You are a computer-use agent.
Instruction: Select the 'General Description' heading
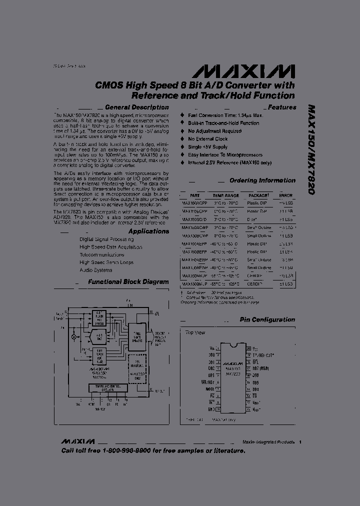[x=137, y=107]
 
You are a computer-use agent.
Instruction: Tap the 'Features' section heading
[x=282, y=107]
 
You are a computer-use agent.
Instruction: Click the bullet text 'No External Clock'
[x=207, y=139]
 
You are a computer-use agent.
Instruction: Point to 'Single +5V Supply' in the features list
[x=207, y=147]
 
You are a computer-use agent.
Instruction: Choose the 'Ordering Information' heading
[x=262, y=180]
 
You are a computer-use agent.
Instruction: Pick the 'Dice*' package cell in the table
[x=252, y=219]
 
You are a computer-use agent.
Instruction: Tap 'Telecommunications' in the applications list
[x=102, y=254]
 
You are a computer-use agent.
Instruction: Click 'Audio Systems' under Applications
[x=95, y=270]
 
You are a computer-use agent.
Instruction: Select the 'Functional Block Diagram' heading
[x=128, y=282]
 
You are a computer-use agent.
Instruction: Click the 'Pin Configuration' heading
[x=267, y=320]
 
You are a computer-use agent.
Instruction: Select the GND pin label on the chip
[x=211, y=408]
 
